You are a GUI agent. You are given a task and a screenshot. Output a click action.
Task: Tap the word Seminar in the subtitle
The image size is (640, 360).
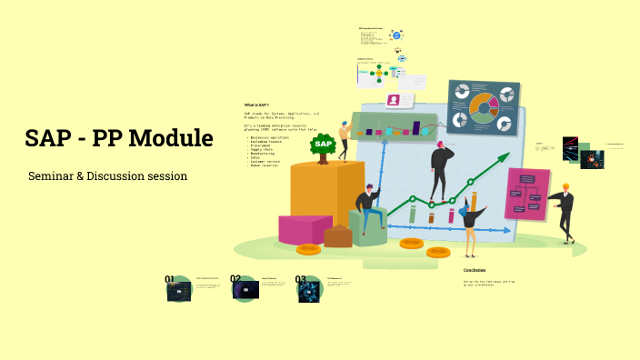click(51, 175)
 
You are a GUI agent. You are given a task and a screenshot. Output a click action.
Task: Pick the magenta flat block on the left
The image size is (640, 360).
click(305, 229)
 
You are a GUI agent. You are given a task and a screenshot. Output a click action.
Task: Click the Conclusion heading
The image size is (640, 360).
click(474, 270)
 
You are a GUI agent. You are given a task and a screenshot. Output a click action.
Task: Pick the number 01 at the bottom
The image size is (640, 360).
click(170, 279)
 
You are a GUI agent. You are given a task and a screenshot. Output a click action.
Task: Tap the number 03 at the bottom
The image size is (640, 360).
click(301, 280)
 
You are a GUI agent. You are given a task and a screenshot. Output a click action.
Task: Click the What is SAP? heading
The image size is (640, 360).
click(256, 105)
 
